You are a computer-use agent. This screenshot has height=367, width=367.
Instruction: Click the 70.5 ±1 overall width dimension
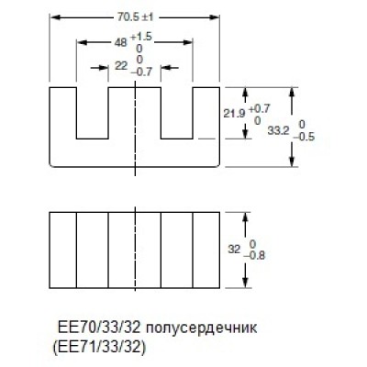(135, 17)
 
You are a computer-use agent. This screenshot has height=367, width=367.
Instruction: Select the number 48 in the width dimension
(120, 42)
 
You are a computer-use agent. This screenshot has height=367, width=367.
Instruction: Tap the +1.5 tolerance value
(141, 37)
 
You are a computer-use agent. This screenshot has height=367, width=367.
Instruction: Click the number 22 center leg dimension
(121, 65)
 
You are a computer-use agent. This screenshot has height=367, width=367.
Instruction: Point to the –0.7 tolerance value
(141, 72)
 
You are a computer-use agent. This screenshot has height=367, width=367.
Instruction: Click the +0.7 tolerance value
(258, 109)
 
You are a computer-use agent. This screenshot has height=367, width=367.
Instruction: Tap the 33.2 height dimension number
(278, 131)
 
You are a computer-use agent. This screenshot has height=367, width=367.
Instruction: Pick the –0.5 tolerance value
(304, 137)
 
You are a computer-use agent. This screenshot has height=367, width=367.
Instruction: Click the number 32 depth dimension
(234, 250)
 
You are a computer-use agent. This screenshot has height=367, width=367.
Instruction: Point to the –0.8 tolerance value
(254, 255)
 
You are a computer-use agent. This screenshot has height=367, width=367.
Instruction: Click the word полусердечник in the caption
(202, 328)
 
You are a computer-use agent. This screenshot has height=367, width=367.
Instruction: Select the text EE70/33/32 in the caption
(99, 328)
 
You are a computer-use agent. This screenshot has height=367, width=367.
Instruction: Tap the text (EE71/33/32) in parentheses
(97, 347)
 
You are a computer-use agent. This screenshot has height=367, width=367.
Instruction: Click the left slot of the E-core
(93, 113)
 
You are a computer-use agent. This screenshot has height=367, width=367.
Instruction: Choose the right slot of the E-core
(177, 113)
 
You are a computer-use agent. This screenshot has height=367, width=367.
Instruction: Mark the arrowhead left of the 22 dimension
(104, 68)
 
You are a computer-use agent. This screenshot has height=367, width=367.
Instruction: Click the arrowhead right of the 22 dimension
(165, 68)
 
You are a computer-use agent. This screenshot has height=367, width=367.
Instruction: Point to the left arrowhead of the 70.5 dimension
(54, 17)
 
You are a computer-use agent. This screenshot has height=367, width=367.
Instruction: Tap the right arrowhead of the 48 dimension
(188, 42)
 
